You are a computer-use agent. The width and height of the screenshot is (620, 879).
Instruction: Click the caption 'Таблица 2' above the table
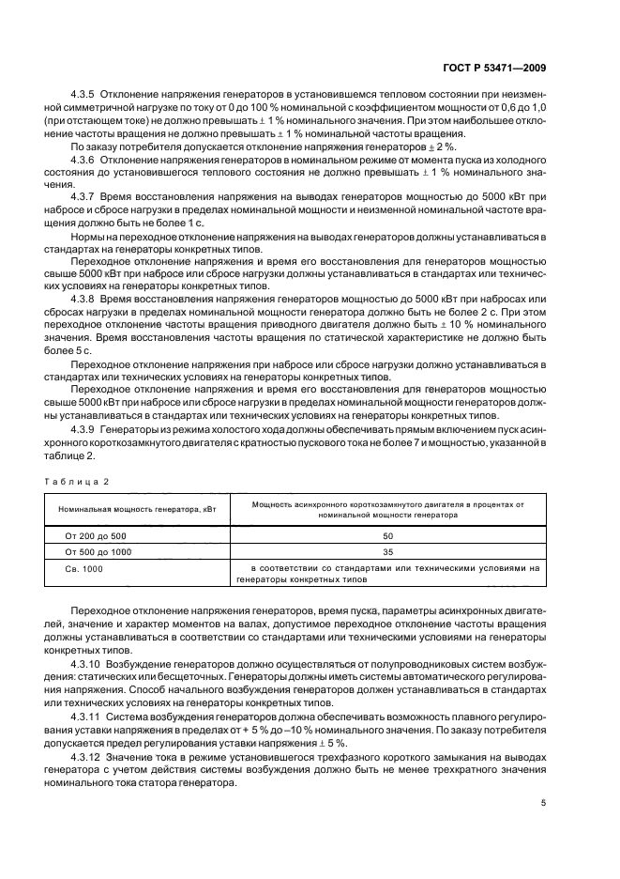(x=80, y=481)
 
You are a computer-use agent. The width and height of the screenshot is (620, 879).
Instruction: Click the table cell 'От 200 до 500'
(x=96, y=535)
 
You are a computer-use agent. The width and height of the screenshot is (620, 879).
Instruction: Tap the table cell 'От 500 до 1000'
(x=98, y=552)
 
